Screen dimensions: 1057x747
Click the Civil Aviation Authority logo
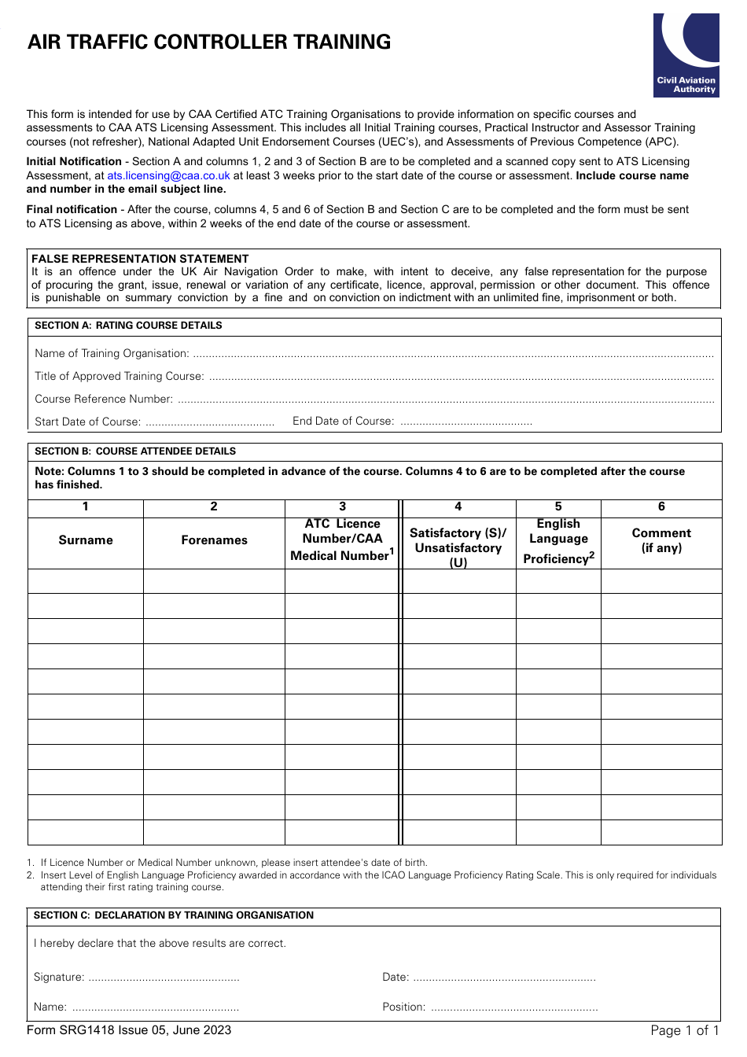click(686, 55)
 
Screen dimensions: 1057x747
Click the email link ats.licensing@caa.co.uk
click(168, 176)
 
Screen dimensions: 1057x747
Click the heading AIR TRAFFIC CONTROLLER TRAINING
click(209, 42)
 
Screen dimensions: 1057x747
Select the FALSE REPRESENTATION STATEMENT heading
click(140, 259)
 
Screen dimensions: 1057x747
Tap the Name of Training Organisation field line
click(452, 355)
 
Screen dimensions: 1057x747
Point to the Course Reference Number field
click(445, 400)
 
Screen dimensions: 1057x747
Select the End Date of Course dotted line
click(465, 422)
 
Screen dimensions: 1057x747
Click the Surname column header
click(86, 541)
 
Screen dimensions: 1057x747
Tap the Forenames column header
click(214, 541)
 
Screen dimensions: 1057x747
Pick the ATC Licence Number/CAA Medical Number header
click(342, 540)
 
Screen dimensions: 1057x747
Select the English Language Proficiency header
click(558, 541)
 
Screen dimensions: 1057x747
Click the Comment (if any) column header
click(661, 541)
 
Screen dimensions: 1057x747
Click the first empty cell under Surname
click(86, 581)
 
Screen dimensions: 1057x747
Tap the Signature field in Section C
click(164, 978)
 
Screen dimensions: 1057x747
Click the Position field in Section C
click(514, 1008)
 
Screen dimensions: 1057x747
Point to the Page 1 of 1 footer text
click(684, 1031)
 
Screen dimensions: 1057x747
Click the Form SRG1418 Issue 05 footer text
click(129, 1031)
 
